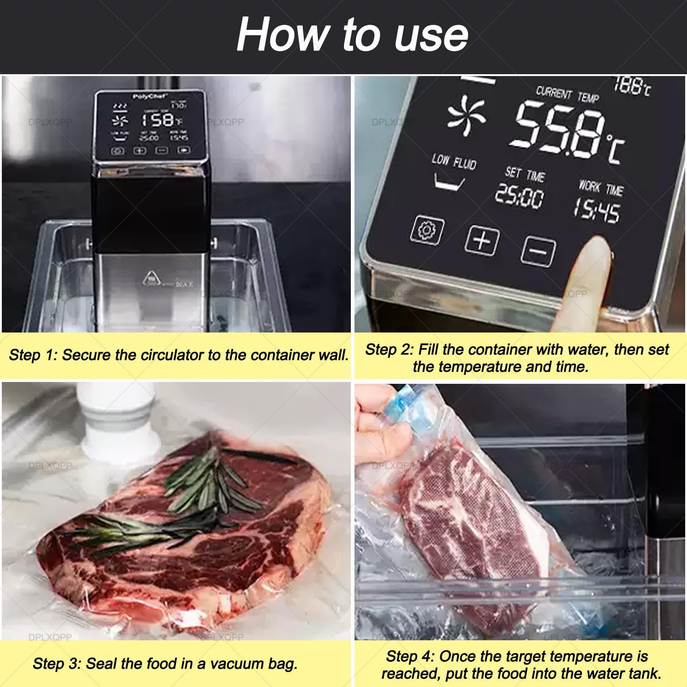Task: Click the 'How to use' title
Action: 352,35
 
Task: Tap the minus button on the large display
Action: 539,251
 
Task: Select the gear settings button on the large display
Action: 427,229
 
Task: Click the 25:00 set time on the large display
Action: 519,196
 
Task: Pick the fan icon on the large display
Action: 466,115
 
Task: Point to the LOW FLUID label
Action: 454,161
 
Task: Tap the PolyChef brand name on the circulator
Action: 149,96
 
